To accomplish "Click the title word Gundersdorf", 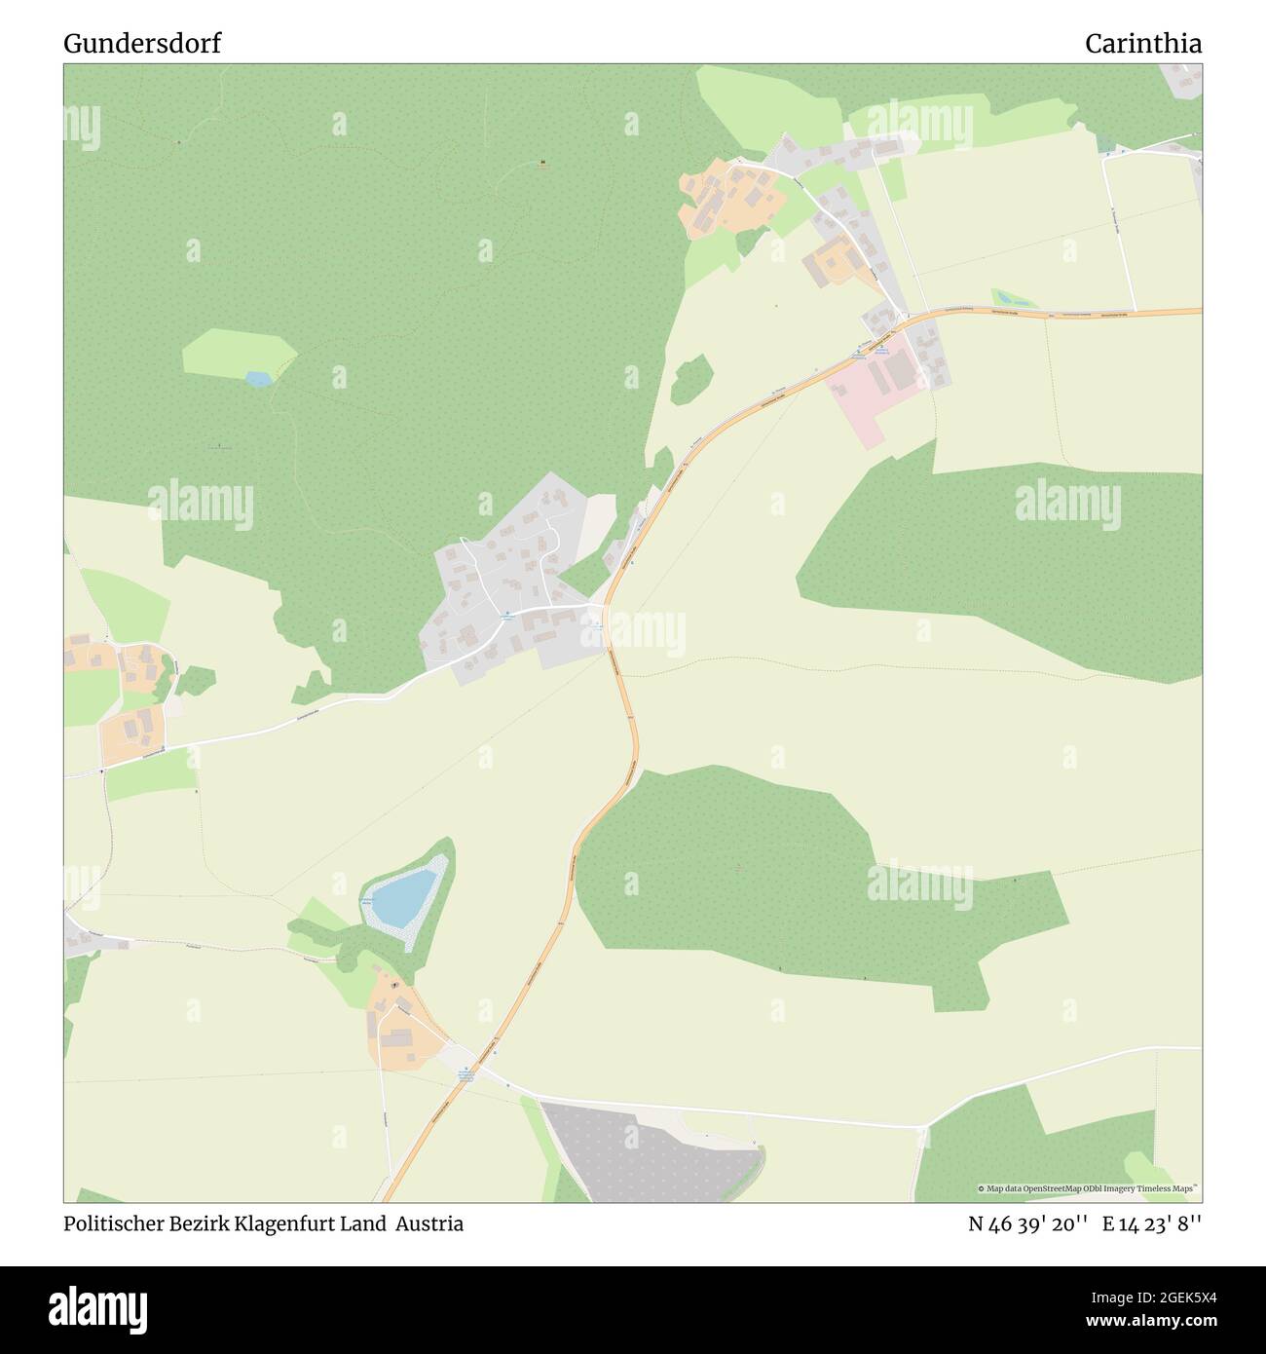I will [142, 43].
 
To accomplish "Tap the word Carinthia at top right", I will [1142, 43].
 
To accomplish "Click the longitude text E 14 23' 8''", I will [1152, 1223].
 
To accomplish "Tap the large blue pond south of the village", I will [405, 897].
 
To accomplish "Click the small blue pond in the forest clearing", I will [259, 378].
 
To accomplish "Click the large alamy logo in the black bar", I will [99, 1307].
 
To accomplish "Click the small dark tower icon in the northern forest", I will [542, 162].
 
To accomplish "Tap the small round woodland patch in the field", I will [691, 378].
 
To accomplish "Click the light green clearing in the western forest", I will [237, 353].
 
